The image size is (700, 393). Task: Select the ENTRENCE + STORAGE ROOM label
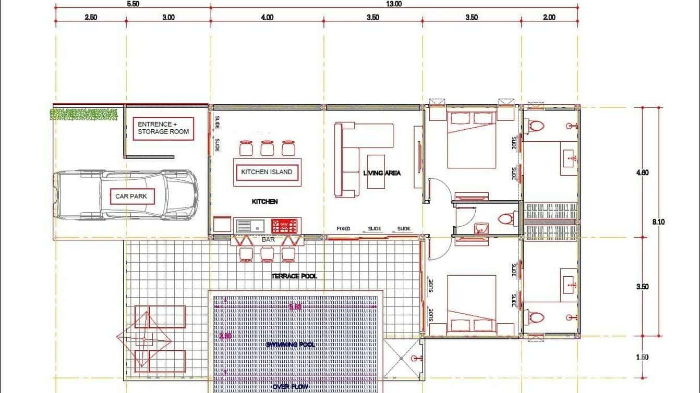click(162, 128)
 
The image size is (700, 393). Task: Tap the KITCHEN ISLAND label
click(267, 172)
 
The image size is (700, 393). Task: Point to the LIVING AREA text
click(382, 173)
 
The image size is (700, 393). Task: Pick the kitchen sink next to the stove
click(251, 226)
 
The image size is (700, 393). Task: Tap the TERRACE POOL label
click(294, 276)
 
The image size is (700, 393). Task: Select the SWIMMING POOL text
click(289, 345)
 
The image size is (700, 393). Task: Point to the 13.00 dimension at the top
click(394, 4)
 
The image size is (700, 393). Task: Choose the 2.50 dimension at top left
click(91, 17)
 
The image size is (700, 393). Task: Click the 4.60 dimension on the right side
click(642, 173)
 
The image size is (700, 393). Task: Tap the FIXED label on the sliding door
click(343, 229)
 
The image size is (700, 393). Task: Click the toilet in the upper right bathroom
click(535, 126)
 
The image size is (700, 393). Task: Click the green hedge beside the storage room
click(83, 114)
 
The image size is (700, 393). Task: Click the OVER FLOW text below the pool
click(289, 387)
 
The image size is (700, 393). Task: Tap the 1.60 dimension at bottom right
click(642, 358)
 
